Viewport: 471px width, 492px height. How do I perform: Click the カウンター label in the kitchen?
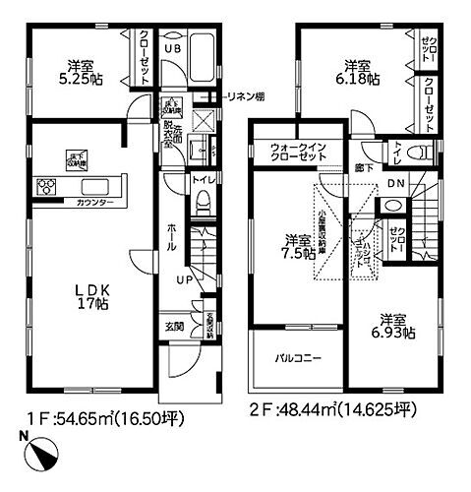click(93, 202)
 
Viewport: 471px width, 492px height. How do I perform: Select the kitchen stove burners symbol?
click(46, 186)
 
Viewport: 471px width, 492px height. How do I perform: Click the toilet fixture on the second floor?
click(421, 151)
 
